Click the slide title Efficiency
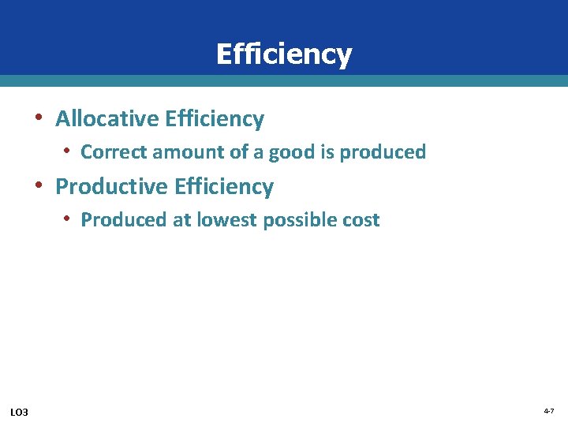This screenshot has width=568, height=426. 283,54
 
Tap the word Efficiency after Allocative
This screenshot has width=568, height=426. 215,119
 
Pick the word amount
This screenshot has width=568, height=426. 183,152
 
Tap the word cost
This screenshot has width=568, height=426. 362,220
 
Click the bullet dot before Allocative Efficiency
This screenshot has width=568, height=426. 39,118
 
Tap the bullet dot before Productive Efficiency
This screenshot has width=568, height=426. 39,185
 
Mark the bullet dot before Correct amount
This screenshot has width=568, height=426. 69,151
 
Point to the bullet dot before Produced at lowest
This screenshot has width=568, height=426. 69,219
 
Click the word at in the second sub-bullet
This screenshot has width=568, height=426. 181,220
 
